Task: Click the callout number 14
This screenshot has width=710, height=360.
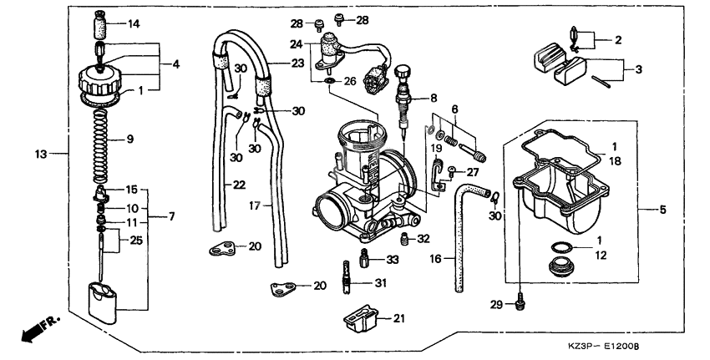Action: [134, 23]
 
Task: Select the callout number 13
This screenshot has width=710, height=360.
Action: [38, 154]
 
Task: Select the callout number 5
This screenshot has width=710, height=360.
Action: [662, 210]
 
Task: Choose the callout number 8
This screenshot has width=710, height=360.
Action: [434, 99]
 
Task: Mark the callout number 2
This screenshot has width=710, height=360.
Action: [618, 39]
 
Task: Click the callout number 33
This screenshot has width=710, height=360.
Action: [392, 261]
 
